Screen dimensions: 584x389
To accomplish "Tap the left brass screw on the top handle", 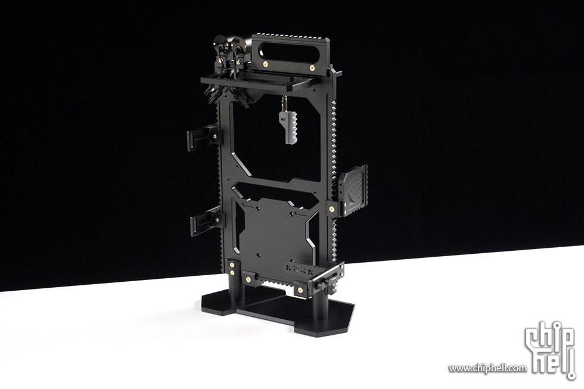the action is (266, 65).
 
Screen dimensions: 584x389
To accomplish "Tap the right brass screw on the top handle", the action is (312, 68).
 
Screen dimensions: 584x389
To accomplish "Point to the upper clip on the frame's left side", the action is (204, 138).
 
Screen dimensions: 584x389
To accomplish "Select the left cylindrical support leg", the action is (238, 294).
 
